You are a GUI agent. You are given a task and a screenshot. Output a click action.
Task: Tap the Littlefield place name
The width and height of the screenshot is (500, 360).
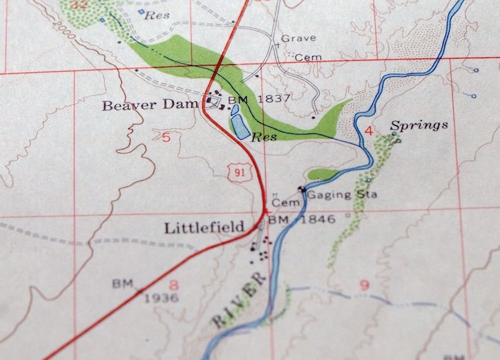(x=204, y=228)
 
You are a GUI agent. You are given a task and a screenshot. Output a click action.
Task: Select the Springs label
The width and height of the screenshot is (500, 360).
(x=419, y=125)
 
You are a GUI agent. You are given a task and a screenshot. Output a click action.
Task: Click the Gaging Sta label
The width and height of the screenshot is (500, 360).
(x=343, y=194)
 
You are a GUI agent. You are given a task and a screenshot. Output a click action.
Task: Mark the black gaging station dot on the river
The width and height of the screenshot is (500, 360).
(x=302, y=189)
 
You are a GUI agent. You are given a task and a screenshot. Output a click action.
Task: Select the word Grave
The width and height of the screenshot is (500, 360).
(x=298, y=38)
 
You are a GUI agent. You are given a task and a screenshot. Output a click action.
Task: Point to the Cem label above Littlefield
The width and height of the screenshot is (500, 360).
(x=283, y=203)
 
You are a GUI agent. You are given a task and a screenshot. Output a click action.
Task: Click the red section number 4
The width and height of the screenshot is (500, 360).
(x=369, y=131)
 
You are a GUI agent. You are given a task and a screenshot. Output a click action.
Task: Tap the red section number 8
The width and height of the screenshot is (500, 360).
(x=173, y=285)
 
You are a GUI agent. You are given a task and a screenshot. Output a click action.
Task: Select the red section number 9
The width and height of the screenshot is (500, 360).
(x=364, y=285)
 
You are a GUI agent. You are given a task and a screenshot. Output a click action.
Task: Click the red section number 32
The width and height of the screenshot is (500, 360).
(x=79, y=4)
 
